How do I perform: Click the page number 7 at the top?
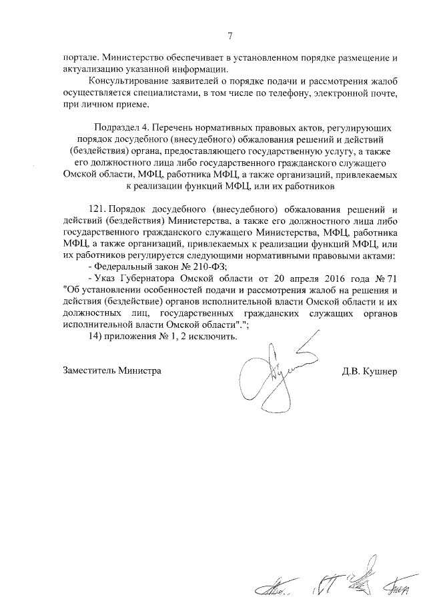(230, 36)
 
